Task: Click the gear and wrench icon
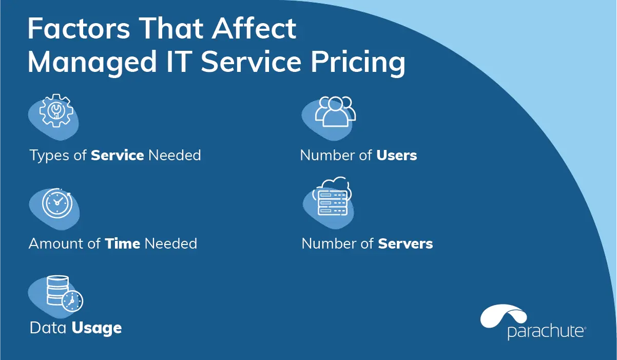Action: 56,110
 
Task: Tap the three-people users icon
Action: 335,111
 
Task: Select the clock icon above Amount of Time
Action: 57,203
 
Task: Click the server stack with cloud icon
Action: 332,196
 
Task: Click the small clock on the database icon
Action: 72,300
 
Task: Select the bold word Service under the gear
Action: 118,155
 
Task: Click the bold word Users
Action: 397,155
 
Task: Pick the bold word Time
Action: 123,243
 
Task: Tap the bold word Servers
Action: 406,243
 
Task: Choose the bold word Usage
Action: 97,329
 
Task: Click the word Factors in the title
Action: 79,28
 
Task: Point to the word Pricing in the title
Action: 358,62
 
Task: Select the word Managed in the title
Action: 92,63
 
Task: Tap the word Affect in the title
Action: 254,28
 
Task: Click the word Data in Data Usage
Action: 48,328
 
